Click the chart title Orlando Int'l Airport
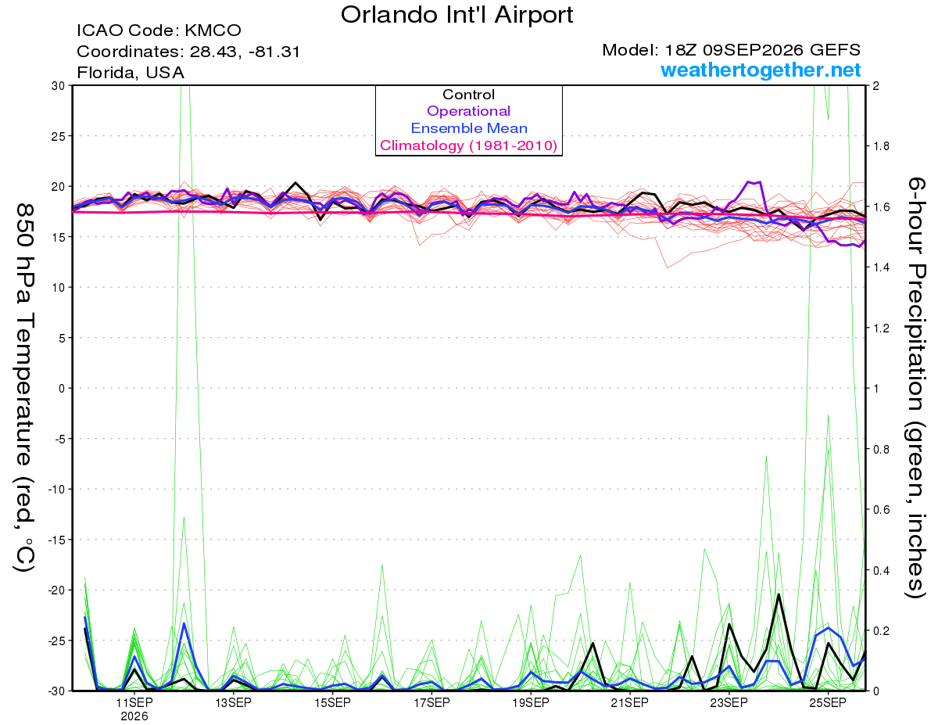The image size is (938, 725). [x=456, y=15]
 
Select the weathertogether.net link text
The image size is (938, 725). [x=761, y=70]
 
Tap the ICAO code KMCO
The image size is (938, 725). [x=213, y=31]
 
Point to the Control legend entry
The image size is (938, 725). [x=468, y=94]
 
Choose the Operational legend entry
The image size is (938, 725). [x=468, y=111]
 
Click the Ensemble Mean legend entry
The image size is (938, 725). [x=469, y=128]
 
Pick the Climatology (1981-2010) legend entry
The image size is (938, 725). [x=468, y=145]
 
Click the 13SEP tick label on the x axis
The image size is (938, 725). [x=233, y=702]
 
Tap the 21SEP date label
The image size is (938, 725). [x=629, y=702]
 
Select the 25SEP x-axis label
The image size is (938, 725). [x=828, y=702]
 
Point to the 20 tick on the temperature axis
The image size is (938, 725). [x=59, y=187]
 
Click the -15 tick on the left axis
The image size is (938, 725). [x=56, y=540]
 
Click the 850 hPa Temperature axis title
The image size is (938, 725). [x=24, y=388]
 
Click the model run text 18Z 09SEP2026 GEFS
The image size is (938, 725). [x=762, y=49]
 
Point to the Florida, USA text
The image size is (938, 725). [x=131, y=73]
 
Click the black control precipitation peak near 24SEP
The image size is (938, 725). [x=779, y=594]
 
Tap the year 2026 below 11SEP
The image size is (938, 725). [x=134, y=716]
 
